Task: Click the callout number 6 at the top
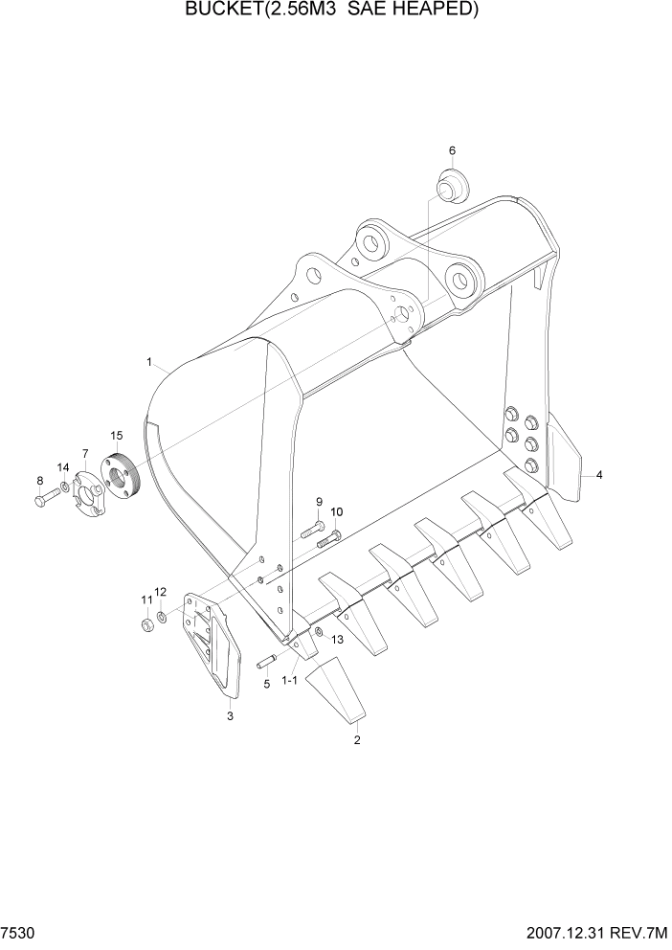(x=452, y=150)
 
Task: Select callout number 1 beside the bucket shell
(x=150, y=362)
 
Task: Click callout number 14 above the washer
(x=63, y=467)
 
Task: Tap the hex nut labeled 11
(x=148, y=625)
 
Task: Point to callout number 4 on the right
(x=599, y=475)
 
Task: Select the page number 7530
(x=19, y=932)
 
